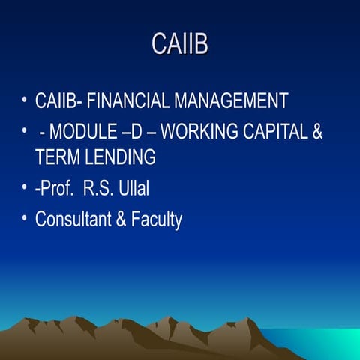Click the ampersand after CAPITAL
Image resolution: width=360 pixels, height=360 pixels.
pyautogui.click(x=317, y=133)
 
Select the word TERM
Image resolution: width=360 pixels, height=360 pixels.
pyautogui.click(x=55, y=157)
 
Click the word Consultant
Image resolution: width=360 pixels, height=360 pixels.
pyautogui.click(x=73, y=220)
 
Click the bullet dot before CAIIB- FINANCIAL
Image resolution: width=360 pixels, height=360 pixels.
pyautogui.click(x=25, y=100)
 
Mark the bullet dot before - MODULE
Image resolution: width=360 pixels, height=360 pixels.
pyautogui.click(x=25, y=132)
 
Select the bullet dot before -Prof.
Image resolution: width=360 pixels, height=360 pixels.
pyautogui.click(x=25, y=188)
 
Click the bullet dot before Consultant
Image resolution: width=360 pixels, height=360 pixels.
pyautogui.click(x=25, y=219)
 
